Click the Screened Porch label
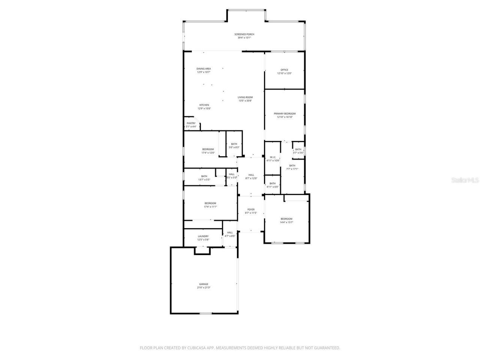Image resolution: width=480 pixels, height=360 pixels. coord(244,36)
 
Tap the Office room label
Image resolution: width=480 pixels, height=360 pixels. coord(284,72)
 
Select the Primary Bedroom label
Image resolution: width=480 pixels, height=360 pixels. coord(285,115)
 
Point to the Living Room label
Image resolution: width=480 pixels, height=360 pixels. coord(245,99)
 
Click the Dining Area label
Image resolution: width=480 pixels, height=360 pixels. coord(204,70)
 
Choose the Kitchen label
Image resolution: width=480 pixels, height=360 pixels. coord(204,106)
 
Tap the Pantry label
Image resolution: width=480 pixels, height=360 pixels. coord(191,125)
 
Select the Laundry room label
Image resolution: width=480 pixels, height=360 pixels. coord(203,238)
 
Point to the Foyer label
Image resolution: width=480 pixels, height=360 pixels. coord(251,211)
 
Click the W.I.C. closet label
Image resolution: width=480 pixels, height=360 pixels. coord(273,159)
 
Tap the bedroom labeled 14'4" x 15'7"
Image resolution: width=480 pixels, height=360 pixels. coord(286,220)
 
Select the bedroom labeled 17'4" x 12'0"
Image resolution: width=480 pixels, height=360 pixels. coord(208,151)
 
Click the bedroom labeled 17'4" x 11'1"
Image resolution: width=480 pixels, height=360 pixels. coord(210,205)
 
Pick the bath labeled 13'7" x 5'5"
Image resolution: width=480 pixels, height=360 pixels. coord(204,178)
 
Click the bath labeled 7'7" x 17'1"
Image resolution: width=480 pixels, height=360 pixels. coord(292,167)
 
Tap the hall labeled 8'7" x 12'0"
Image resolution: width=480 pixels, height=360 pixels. coord(251,177)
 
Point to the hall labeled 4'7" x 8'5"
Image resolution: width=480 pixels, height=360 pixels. coord(229,234)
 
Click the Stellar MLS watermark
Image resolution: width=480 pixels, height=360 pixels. coord(465,180)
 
